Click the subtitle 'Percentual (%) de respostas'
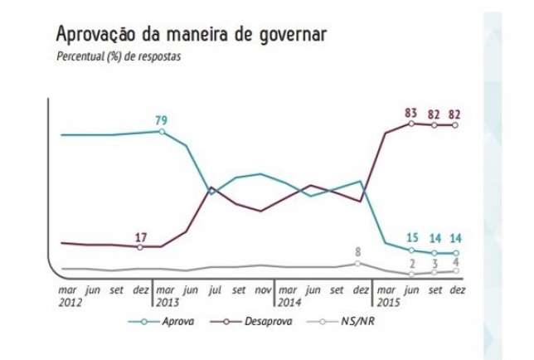click(x=116, y=57)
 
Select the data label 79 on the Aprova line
click(x=162, y=120)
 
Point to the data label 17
click(x=140, y=238)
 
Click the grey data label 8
click(x=358, y=251)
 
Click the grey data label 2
click(x=412, y=263)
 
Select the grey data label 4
click(x=456, y=262)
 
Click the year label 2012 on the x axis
click(x=70, y=303)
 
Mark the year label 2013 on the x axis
click(x=169, y=303)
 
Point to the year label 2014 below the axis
click(x=290, y=303)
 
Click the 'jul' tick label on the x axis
click(x=214, y=291)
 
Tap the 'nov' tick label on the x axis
click(x=262, y=291)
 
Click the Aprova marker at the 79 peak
click(x=162, y=131)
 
